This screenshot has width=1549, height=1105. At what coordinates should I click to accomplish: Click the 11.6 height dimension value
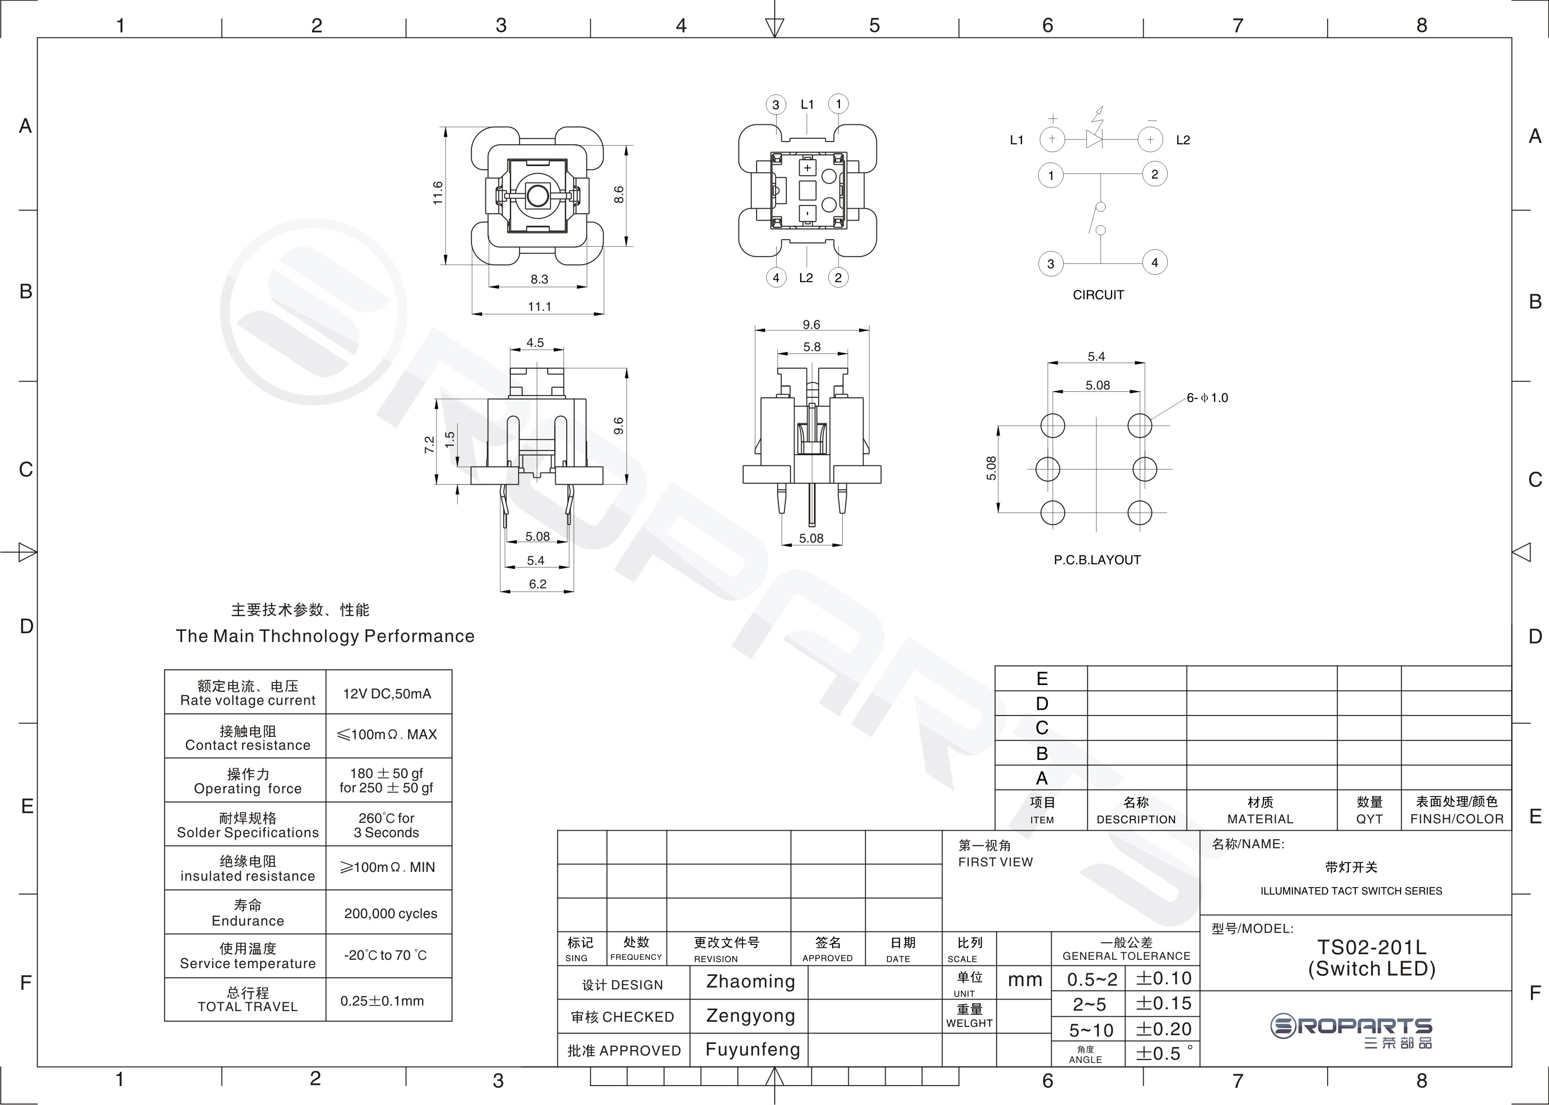coord(437,193)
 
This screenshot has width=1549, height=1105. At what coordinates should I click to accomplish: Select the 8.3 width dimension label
coord(539,279)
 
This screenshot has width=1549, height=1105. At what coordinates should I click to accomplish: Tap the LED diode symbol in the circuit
coord(1094,138)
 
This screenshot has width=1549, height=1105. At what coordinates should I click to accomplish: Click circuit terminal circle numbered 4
coord(1154,262)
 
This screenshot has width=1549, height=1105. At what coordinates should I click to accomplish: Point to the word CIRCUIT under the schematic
coord(1098,295)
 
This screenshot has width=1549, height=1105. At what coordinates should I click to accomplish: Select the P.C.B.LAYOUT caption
coord(1097,560)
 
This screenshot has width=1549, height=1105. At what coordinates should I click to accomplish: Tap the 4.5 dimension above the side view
coord(535,342)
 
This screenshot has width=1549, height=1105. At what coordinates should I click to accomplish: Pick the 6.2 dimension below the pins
coord(537,584)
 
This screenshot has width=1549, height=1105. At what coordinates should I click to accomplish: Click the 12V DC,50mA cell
coord(387,693)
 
